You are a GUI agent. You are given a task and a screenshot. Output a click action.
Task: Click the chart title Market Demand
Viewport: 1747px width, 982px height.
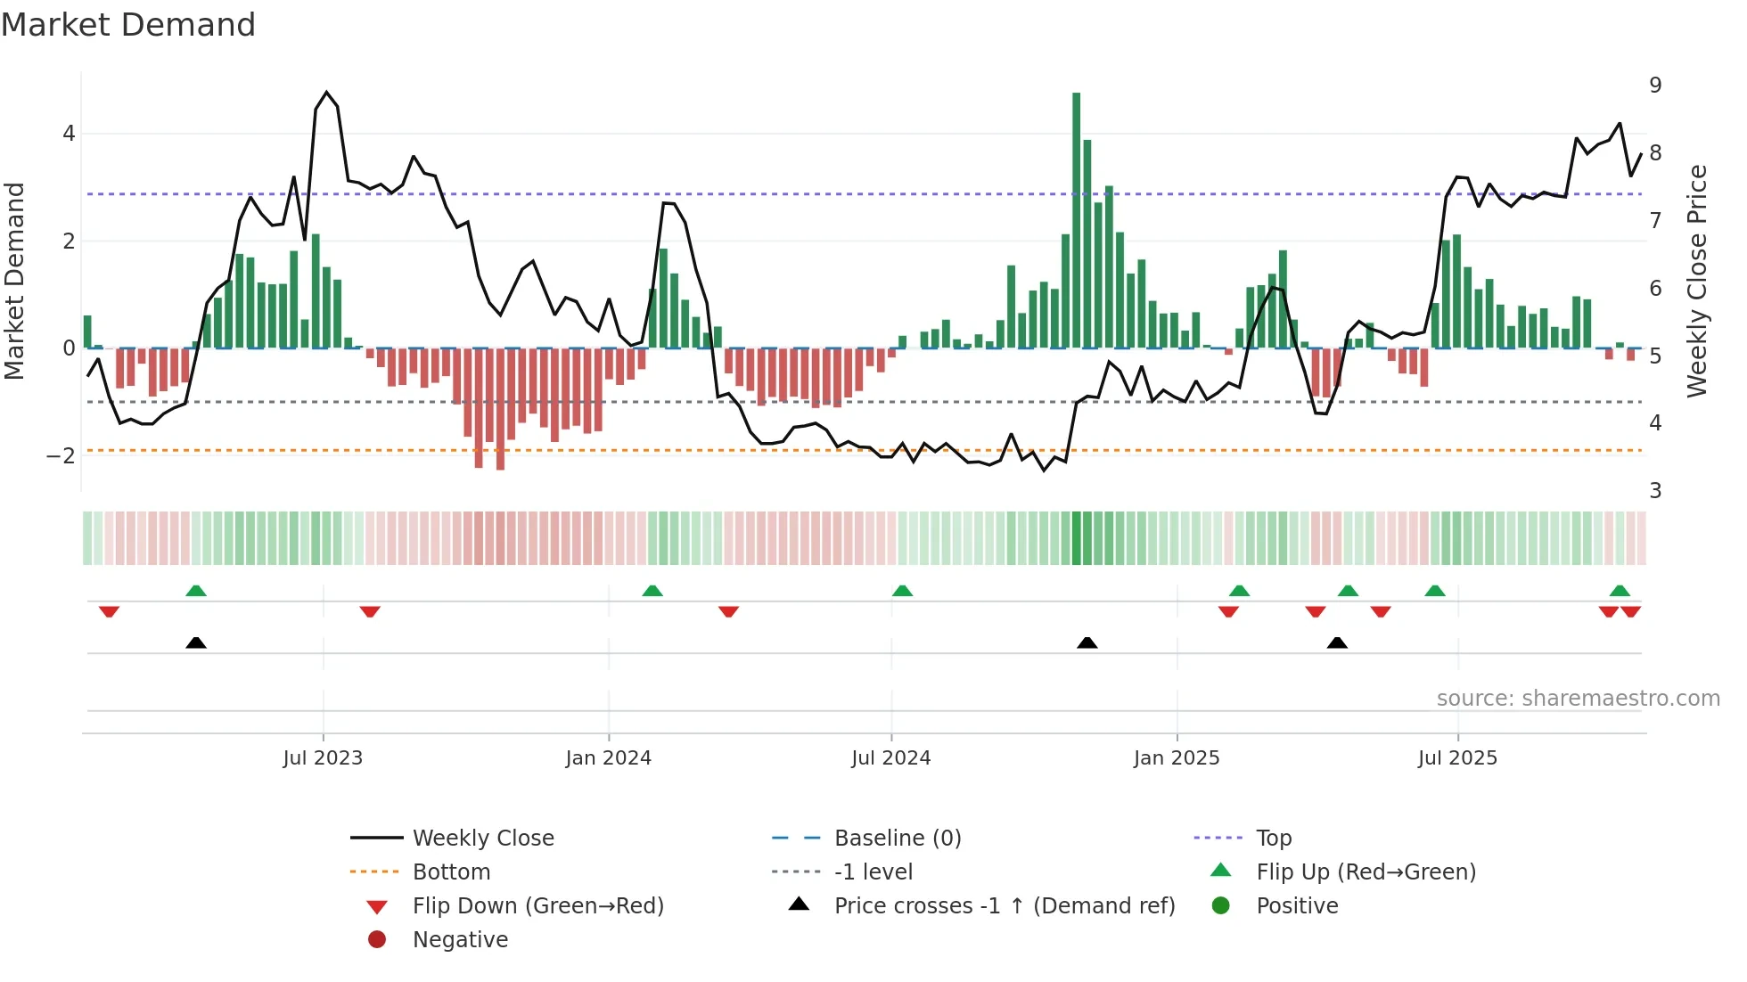tap(128, 24)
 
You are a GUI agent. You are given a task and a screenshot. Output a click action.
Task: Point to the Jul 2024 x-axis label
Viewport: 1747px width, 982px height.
tap(890, 758)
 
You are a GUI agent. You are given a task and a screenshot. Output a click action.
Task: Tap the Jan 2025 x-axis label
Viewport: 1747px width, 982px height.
tap(1176, 758)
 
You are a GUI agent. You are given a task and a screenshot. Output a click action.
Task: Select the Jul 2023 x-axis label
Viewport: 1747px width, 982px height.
tap(323, 758)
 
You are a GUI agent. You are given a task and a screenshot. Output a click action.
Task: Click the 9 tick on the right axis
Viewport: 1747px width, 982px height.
tap(1655, 86)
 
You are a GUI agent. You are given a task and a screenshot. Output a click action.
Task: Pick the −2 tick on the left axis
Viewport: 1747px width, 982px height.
tap(61, 456)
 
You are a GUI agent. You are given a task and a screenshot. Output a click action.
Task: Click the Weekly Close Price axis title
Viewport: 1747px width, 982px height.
tap(1697, 281)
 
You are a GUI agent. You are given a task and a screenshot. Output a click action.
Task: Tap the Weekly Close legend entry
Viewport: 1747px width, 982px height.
tap(482, 839)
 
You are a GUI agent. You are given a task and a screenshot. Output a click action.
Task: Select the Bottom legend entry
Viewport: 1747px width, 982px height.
tap(451, 872)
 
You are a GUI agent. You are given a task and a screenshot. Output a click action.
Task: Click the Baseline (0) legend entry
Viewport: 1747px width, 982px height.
tap(897, 839)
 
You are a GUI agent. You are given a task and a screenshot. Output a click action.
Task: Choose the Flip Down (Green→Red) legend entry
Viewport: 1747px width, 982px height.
tap(537, 906)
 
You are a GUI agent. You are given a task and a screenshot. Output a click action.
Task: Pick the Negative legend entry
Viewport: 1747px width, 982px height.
tap(460, 940)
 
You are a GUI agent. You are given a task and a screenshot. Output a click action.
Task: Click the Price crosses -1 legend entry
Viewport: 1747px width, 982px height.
tap(1004, 906)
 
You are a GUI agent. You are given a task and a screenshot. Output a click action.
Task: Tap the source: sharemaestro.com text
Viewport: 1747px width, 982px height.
tap(1578, 699)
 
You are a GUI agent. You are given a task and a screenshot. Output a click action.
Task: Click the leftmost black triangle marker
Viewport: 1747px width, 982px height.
tap(196, 643)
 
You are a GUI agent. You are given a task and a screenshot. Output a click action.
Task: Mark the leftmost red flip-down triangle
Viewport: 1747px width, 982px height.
tap(109, 611)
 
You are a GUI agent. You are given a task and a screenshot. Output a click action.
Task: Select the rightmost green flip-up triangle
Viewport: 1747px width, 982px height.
tap(1620, 591)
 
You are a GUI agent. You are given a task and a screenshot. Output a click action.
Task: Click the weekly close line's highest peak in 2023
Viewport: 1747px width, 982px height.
tap(326, 93)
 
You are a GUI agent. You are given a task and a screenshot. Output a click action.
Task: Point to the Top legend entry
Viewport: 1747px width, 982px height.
tap(1273, 839)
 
